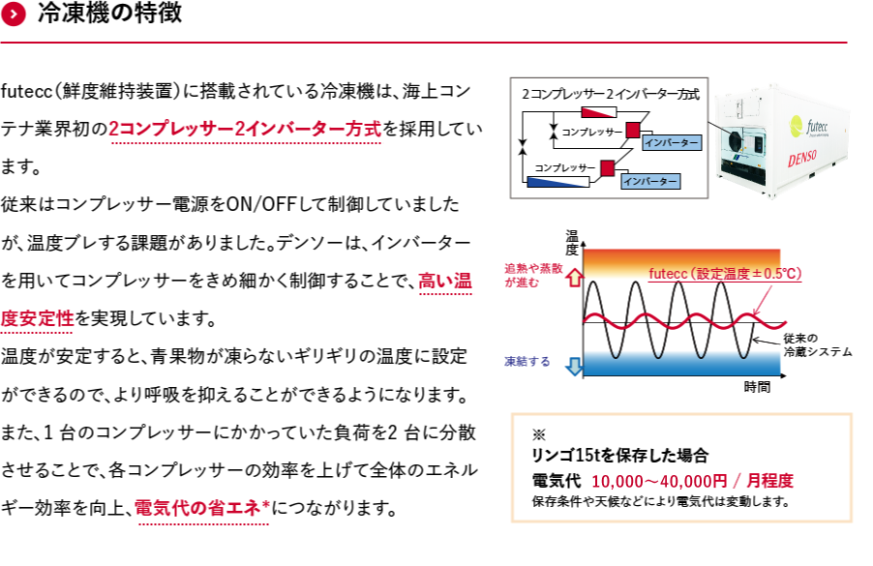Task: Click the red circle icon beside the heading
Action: [14, 14]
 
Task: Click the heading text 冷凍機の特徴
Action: [109, 13]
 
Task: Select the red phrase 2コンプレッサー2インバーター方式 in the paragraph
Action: [245, 129]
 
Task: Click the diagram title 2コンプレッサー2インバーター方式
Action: [610, 94]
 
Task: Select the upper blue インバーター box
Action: [672, 143]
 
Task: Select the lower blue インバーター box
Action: [650, 182]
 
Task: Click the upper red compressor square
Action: [633, 131]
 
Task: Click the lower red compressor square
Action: [608, 168]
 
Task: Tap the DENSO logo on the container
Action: [801, 159]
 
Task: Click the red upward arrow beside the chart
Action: [575, 278]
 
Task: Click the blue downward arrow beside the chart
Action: [575, 366]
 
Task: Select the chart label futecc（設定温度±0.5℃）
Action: [725, 274]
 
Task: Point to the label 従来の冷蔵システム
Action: [817, 345]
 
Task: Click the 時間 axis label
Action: [757, 387]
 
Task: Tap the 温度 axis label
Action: [572, 243]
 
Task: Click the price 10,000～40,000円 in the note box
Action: [659, 481]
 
